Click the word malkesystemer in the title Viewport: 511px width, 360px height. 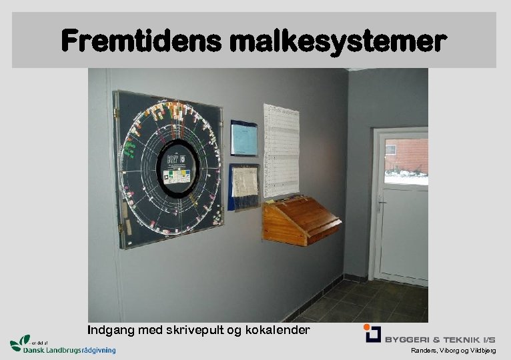[x=338, y=42]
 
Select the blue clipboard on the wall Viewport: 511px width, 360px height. [x=243, y=139]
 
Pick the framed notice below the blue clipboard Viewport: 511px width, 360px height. [x=244, y=186]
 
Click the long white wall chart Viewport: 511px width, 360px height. [x=281, y=150]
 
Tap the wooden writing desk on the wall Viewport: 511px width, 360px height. [x=300, y=220]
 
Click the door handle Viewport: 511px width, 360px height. [x=382, y=202]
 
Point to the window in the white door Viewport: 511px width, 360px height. [x=406, y=161]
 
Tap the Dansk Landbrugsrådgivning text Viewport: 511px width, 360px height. [x=69, y=350]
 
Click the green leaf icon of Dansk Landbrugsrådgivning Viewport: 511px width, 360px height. [x=21, y=343]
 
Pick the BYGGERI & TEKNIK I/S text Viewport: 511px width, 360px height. [x=440, y=339]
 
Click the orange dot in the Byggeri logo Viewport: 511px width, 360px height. [x=367, y=327]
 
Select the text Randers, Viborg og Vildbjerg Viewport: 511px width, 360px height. [x=453, y=351]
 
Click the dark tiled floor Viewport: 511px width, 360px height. [x=360, y=303]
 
